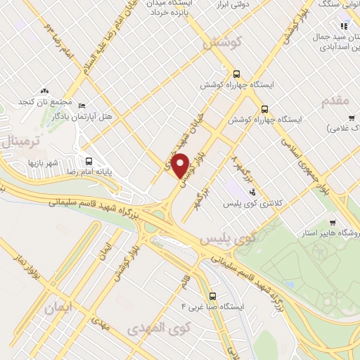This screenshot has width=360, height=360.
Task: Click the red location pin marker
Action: coord(181,166)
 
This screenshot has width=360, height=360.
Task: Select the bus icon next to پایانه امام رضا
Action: coord(88,160)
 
